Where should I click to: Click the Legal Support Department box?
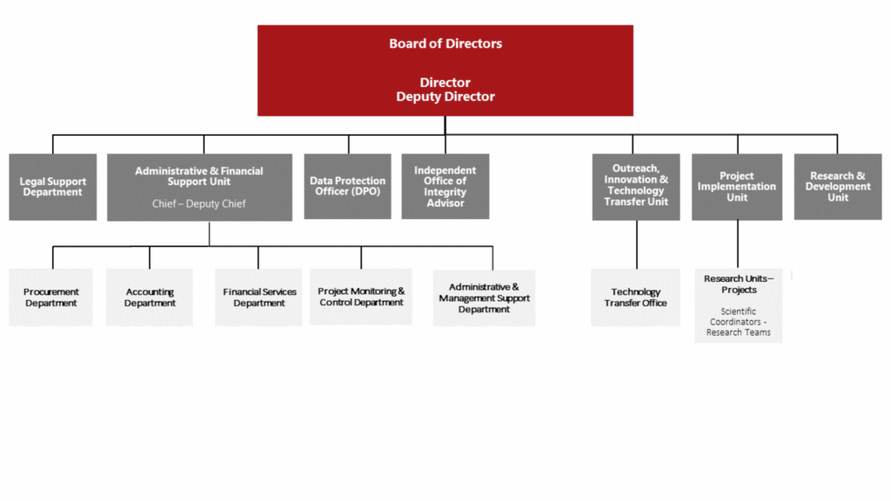point(53,187)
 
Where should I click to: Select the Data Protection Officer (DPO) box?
point(348,186)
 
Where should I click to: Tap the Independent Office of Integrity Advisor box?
point(445,186)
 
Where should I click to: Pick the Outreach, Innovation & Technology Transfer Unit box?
point(636,187)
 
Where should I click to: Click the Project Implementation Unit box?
point(737,187)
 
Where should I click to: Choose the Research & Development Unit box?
point(838,187)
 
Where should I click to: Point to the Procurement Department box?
point(50,297)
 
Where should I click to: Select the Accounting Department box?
point(150,297)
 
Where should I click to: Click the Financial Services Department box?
point(258,297)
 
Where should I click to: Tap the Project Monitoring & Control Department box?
point(361,297)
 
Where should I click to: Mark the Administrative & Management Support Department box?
point(484,297)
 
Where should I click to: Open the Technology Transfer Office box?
point(635,297)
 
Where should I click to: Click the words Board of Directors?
point(445,43)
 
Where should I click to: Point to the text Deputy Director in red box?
point(445,97)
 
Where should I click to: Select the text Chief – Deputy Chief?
point(199,204)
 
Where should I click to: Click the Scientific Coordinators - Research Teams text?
point(738,322)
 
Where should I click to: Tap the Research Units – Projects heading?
point(739,284)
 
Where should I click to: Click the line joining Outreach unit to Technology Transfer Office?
point(636,244)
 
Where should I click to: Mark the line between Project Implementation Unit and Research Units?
point(738,244)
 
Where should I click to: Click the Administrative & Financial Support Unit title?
point(199,176)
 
